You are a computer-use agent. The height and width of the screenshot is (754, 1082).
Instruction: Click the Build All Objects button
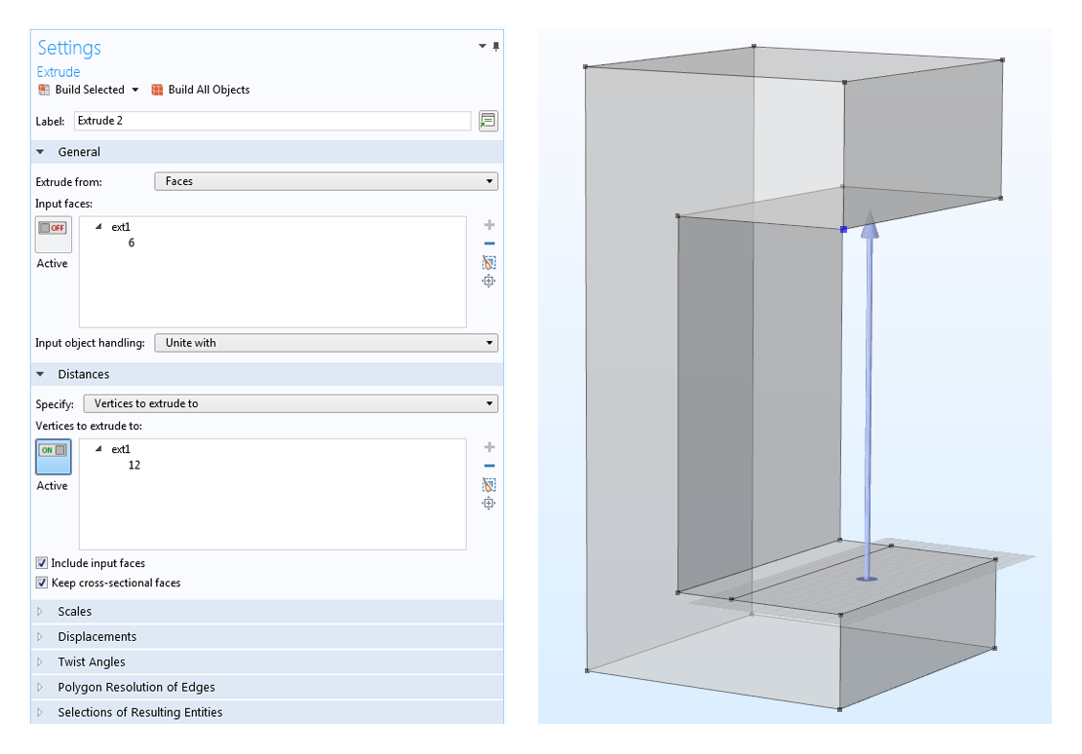point(200,90)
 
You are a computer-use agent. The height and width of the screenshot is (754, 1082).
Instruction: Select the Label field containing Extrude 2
point(272,121)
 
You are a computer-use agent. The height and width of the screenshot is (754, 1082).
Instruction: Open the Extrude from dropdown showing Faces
point(326,181)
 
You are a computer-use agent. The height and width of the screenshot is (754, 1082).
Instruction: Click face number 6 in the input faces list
point(132,243)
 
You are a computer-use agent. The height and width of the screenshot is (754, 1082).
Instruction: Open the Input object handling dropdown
point(326,343)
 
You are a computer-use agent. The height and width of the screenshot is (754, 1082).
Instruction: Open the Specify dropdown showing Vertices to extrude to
point(290,403)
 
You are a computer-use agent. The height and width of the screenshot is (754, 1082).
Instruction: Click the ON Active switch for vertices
point(54,457)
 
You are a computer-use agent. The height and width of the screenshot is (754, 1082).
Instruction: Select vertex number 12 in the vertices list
point(134,465)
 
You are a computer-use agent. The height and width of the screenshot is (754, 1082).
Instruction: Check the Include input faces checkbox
point(42,563)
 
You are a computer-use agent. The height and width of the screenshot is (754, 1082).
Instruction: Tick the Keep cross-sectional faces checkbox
point(42,583)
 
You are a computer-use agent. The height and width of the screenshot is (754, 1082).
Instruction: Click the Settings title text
point(69,48)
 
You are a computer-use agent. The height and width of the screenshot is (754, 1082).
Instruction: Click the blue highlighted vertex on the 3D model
point(843,229)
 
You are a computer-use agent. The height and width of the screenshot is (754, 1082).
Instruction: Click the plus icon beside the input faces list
point(489,225)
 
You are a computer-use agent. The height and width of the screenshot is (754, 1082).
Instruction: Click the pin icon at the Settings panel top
point(496,46)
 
